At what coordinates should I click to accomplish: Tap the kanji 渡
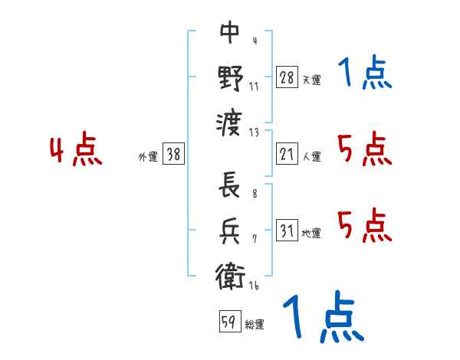point(230,122)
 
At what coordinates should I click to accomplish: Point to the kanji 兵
point(230,231)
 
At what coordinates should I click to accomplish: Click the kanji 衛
point(230,275)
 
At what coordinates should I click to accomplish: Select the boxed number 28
point(287,77)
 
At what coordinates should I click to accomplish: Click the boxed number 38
point(173,155)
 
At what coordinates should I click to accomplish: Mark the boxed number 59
point(228,322)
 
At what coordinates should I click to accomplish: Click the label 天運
point(311,80)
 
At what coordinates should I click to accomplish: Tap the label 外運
point(148,157)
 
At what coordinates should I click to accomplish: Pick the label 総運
point(254,325)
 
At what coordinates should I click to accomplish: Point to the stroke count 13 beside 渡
point(254,132)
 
